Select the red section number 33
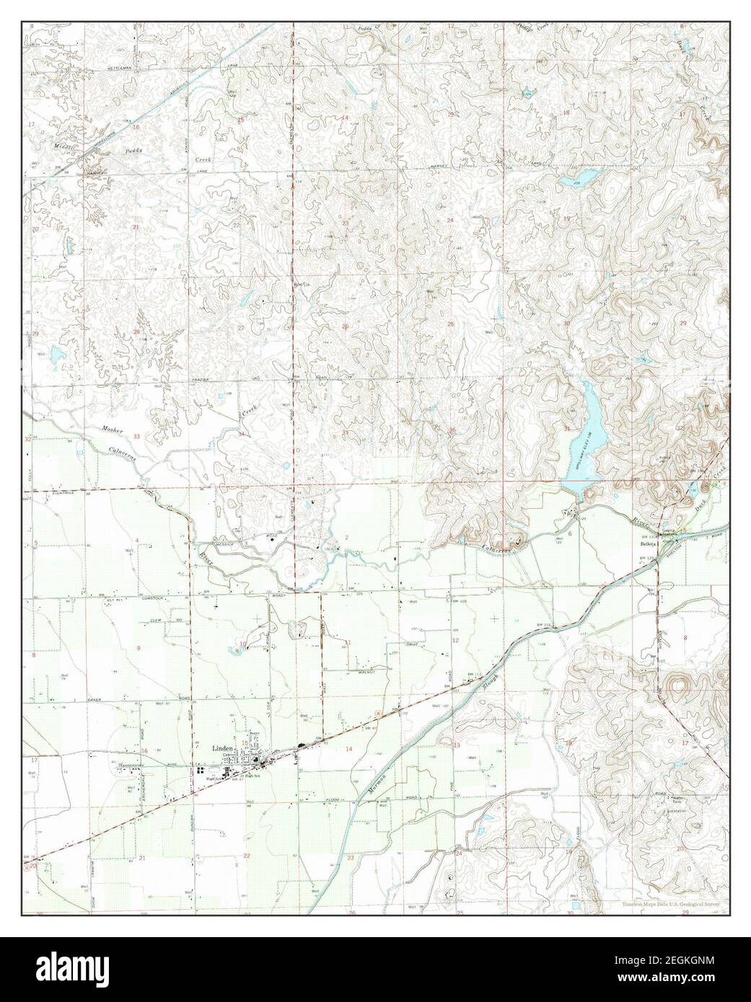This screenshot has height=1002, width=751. click(x=136, y=436)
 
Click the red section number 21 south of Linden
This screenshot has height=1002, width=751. click(x=143, y=857)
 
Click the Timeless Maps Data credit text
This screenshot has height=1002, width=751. click(x=671, y=903)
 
